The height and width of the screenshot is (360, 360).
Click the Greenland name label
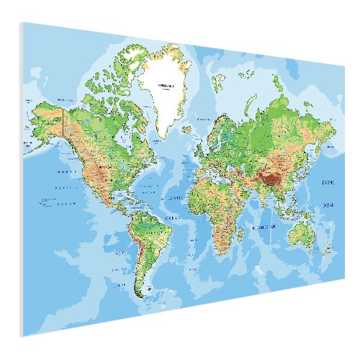(x=165, y=84)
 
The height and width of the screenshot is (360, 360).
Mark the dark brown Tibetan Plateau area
(x=271, y=176)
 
